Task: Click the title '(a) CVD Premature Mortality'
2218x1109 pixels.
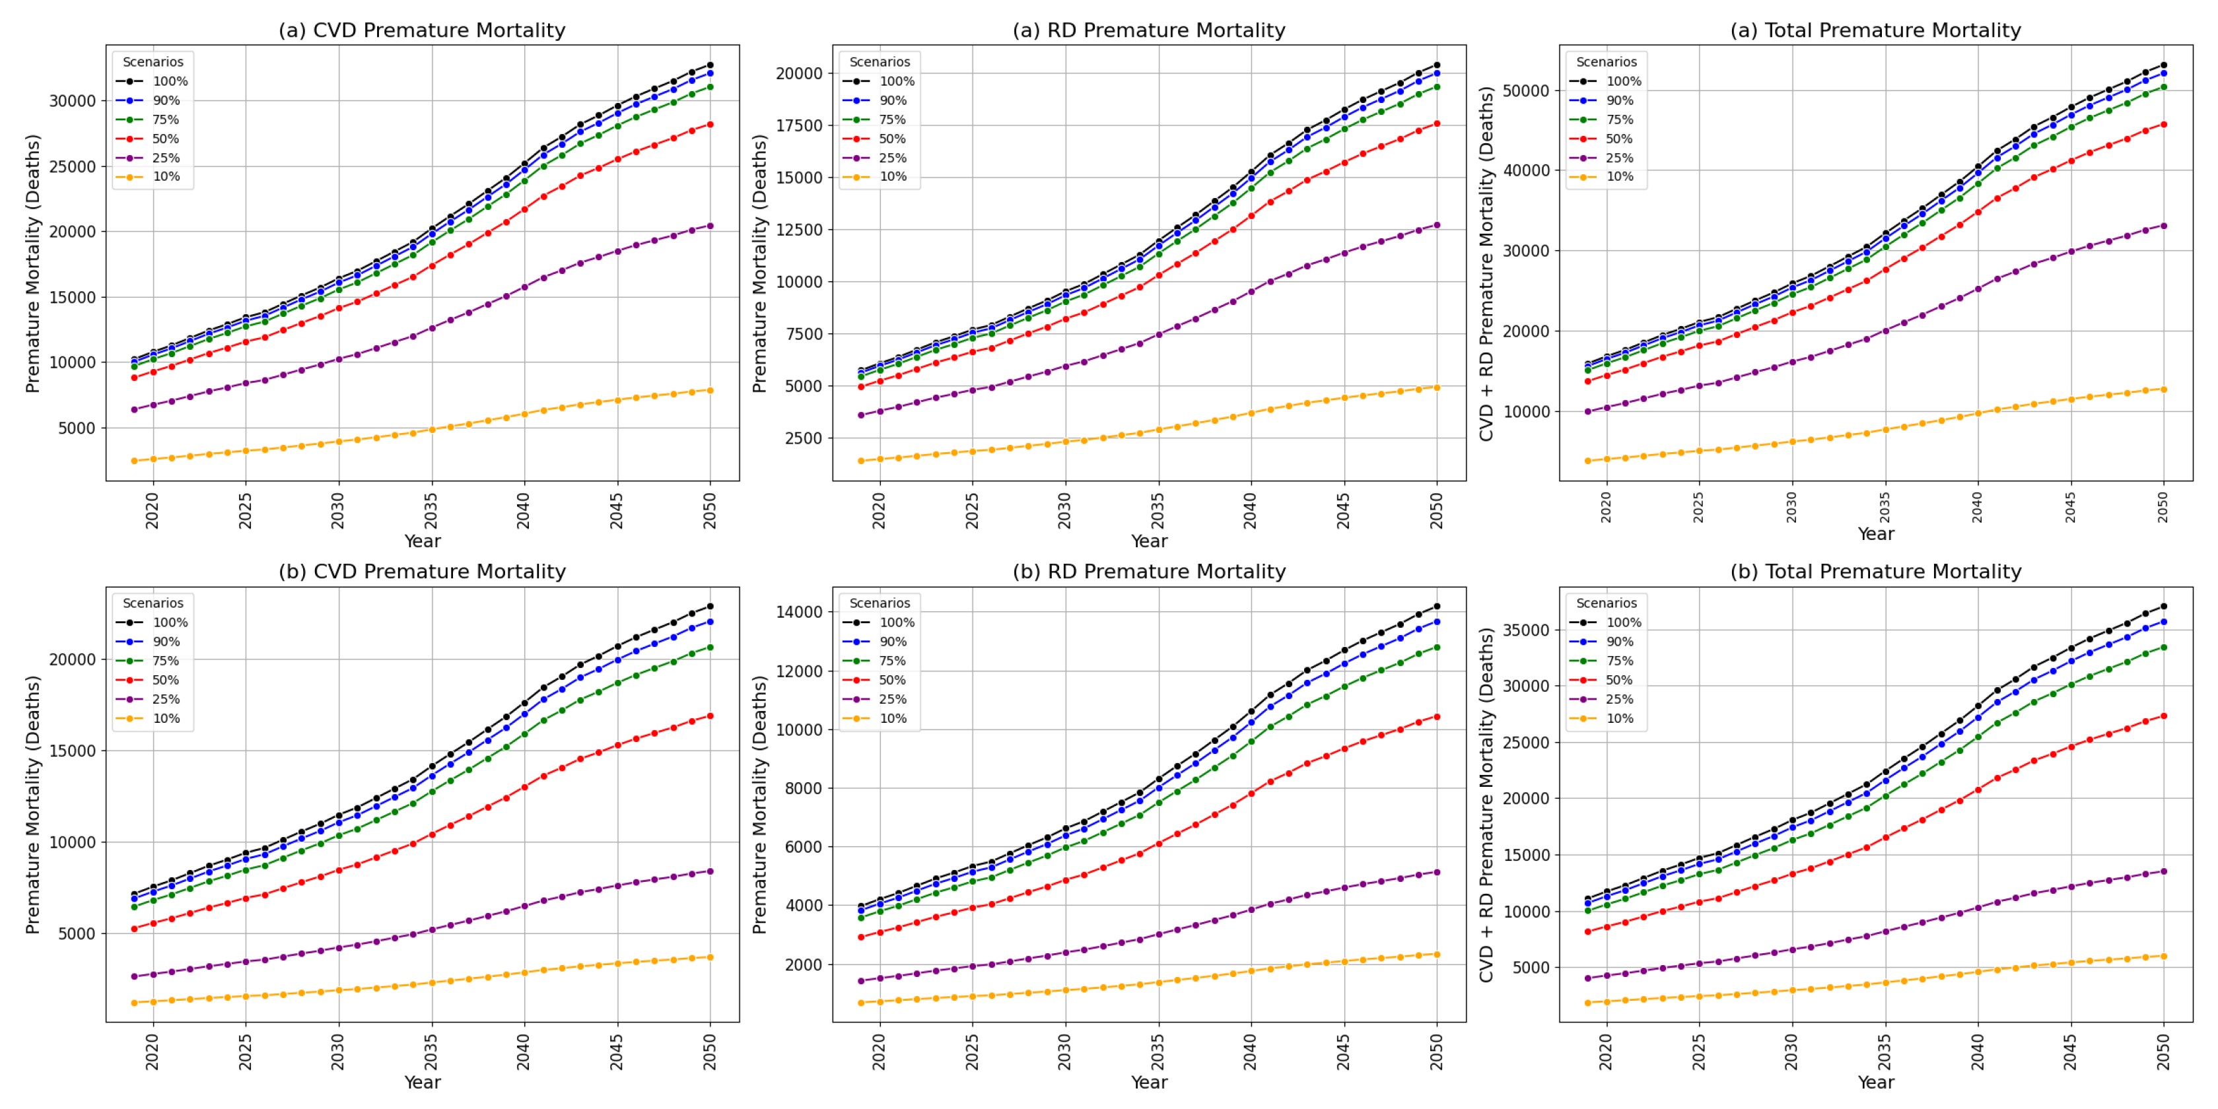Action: pyautogui.click(x=422, y=30)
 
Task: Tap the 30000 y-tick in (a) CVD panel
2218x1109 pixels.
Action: pyautogui.click(x=73, y=101)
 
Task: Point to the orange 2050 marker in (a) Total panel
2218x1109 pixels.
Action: pyautogui.click(x=2164, y=389)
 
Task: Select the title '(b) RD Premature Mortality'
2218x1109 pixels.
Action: pyautogui.click(x=1148, y=572)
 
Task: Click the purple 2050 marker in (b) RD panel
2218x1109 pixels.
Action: pyautogui.click(x=1437, y=872)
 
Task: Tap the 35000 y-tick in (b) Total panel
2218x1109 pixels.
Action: pyautogui.click(x=1526, y=630)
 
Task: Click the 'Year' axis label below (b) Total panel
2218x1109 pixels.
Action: pyautogui.click(x=1875, y=1083)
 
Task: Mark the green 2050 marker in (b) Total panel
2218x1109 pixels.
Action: pyautogui.click(x=2164, y=647)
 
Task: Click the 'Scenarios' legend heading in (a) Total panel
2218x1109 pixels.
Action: pyautogui.click(x=1606, y=62)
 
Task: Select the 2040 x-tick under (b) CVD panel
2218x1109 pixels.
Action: pyautogui.click(x=524, y=1050)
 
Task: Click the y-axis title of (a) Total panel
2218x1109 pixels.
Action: pyautogui.click(x=1486, y=263)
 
